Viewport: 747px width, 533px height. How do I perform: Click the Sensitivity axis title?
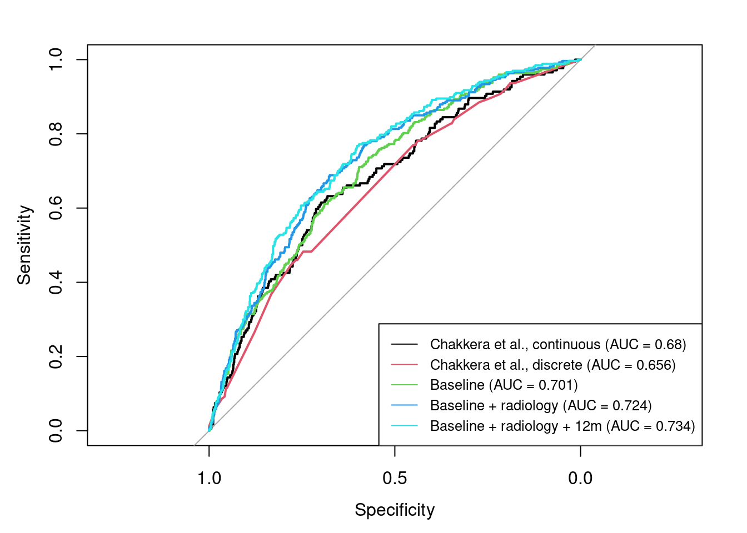pos(24,245)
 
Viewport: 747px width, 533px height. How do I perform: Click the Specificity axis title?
pos(395,510)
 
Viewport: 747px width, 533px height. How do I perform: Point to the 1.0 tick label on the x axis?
pos(209,478)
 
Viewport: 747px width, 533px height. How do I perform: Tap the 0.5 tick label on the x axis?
pos(395,478)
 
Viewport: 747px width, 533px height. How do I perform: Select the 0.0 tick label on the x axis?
pos(580,478)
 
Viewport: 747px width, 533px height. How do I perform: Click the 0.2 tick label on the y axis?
pos(56,356)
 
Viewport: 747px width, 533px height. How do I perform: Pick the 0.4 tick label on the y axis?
pos(56,282)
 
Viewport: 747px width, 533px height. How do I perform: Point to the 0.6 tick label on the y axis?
pos(56,208)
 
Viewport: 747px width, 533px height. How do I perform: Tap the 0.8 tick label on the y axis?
pos(56,134)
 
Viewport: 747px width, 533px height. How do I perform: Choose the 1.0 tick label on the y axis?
pos(56,59)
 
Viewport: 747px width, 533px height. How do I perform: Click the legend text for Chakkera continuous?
pos(558,345)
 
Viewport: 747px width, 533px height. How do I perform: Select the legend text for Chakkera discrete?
pos(552,365)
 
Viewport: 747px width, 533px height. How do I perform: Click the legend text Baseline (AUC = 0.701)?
pos(504,385)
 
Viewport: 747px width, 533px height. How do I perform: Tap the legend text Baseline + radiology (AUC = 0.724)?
pos(541,406)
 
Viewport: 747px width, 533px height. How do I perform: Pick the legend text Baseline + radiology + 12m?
pos(562,426)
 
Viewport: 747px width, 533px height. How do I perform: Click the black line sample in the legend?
pos(404,345)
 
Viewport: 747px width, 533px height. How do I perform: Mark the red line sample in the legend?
pos(404,365)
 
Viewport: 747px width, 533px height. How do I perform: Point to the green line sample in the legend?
pos(404,385)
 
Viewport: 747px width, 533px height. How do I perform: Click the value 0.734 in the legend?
pos(673,426)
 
